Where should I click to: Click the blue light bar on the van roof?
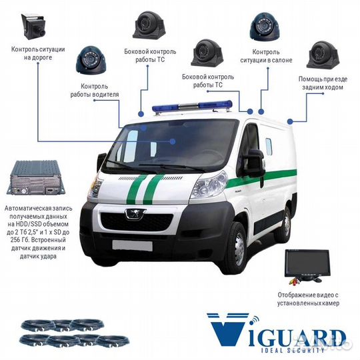point(192,107)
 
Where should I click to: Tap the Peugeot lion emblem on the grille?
point(135,213)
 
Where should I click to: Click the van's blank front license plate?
point(133,245)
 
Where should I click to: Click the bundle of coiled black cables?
point(74,333)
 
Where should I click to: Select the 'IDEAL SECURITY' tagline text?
point(293,351)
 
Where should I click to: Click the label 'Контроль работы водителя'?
point(95,90)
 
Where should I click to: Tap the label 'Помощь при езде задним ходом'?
point(323,83)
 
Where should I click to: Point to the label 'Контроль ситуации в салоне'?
point(266,56)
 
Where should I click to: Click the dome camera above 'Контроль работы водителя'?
point(91,60)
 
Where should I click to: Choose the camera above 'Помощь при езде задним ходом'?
point(323,55)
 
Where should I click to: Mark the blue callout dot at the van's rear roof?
point(290,121)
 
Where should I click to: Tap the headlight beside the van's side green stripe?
point(209,185)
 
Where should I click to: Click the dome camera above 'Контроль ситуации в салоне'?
point(265,27)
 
